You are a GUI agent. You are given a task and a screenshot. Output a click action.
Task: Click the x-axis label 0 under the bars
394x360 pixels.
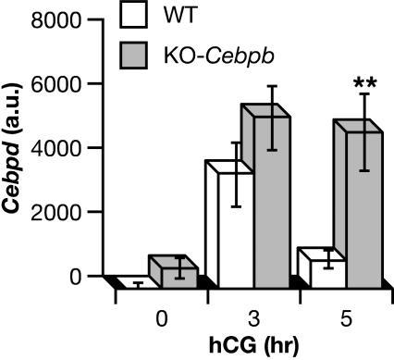point(162,317)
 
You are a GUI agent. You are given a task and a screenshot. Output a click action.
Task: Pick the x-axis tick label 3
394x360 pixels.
point(253,317)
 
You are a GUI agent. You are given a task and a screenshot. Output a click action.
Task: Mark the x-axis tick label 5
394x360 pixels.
point(345,317)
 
